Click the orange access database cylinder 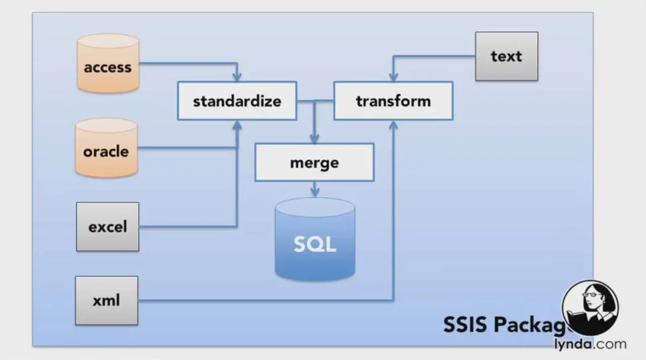coord(108,64)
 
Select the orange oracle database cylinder coord(106,148)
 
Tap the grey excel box coord(107,227)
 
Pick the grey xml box coord(106,300)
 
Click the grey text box coord(506,56)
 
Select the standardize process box coord(237,101)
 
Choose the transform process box coord(393,101)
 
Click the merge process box coord(314,162)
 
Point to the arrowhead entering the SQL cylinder coord(315,193)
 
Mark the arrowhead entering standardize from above coord(237,77)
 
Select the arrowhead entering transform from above coord(393,77)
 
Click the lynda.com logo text coord(589,345)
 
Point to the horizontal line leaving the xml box coord(263,301)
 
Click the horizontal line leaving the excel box coord(187,226)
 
